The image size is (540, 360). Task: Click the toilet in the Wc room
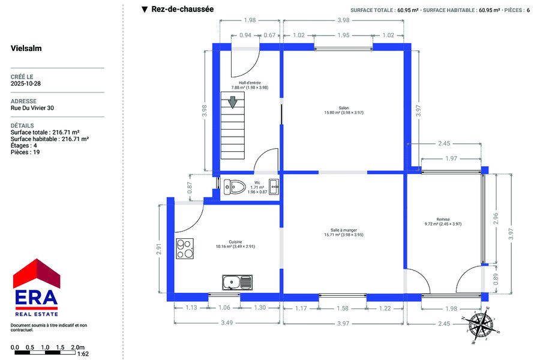(235, 187)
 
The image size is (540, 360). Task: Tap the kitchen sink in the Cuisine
(237, 283)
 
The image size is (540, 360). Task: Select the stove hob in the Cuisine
(185, 249)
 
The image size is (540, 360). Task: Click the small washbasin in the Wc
(274, 187)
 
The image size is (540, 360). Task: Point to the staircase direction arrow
(233, 103)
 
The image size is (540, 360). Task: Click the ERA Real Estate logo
(37, 287)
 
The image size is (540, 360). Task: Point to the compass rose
(480, 325)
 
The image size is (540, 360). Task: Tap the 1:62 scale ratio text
(83, 354)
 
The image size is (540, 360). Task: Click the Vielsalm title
(26, 48)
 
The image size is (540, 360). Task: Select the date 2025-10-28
(25, 83)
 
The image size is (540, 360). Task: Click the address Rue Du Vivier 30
(32, 108)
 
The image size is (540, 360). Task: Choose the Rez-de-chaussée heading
(182, 10)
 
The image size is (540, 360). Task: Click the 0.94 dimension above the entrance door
(245, 35)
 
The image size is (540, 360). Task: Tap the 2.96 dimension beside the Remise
(496, 218)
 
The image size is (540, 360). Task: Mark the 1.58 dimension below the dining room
(343, 308)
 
